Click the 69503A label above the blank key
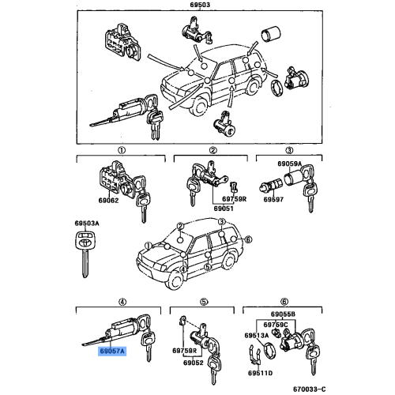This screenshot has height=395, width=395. (x=86, y=224)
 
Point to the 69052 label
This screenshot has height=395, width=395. (x=194, y=363)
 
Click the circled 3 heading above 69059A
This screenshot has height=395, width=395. (x=289, y=149)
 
